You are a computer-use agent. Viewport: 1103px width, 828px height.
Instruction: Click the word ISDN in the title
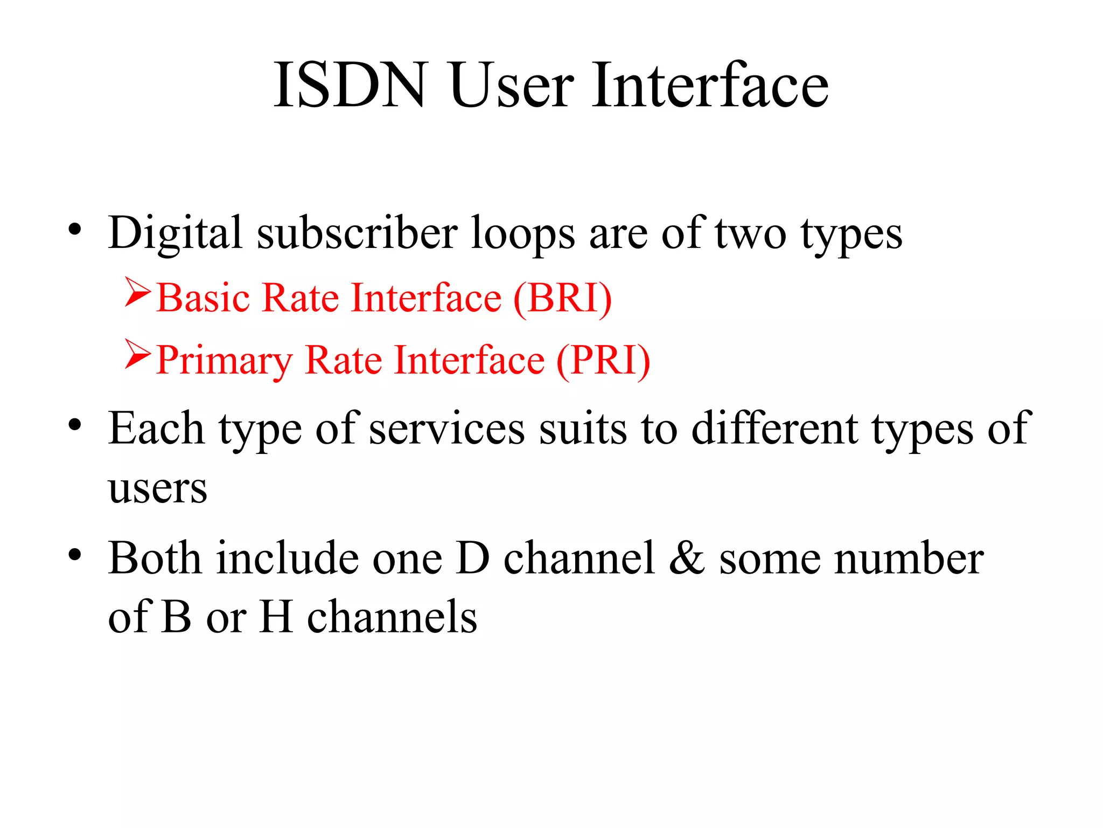pos(351,85)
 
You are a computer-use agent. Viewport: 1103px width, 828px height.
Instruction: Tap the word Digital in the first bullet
pos(175,233)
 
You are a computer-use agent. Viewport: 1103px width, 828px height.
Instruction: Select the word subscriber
pos(357,233)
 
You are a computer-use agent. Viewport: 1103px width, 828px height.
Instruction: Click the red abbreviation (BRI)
pos(562,298)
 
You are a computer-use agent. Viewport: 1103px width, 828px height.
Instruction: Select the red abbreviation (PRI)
pos(603,360)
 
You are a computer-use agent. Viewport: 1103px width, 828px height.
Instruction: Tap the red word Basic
pos(204,298)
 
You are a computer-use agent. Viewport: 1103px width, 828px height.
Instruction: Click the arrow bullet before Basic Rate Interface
pos(137,292)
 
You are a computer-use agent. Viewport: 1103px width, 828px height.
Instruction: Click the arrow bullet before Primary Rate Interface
pos(137,354)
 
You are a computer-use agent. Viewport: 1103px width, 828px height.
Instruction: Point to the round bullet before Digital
pos(75,230)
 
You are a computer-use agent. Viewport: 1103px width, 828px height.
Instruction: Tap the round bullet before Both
pos(75,554)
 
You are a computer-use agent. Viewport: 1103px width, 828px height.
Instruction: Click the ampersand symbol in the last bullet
pos(687,558)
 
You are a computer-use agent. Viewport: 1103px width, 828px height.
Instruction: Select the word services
pos(446,429)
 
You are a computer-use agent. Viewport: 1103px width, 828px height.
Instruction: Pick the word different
pos(774,429)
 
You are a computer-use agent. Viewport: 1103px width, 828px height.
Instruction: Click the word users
pos(157,489)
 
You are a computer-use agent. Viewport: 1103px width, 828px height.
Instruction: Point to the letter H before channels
pos(276,617)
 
